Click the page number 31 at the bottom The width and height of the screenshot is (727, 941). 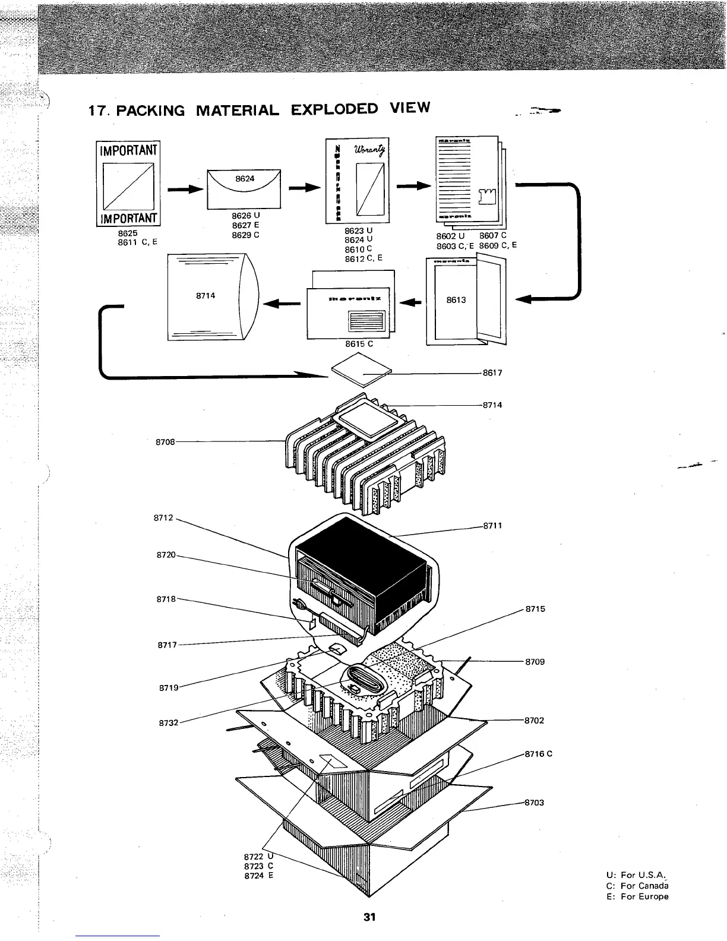369,917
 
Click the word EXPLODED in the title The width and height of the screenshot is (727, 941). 334,109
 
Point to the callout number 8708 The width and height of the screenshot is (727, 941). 165,441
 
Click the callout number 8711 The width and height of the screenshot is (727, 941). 492,525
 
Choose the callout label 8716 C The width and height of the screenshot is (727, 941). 538,754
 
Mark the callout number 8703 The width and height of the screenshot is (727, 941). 535,803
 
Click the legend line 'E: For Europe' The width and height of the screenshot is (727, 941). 637,896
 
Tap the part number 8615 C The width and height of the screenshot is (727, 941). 359,343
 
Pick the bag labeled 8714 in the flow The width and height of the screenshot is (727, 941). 211,296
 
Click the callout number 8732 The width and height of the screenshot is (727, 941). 169,723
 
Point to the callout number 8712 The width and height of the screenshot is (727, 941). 165,517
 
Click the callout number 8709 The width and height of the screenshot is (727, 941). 535,661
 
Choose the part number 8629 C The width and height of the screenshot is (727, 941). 245,235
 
